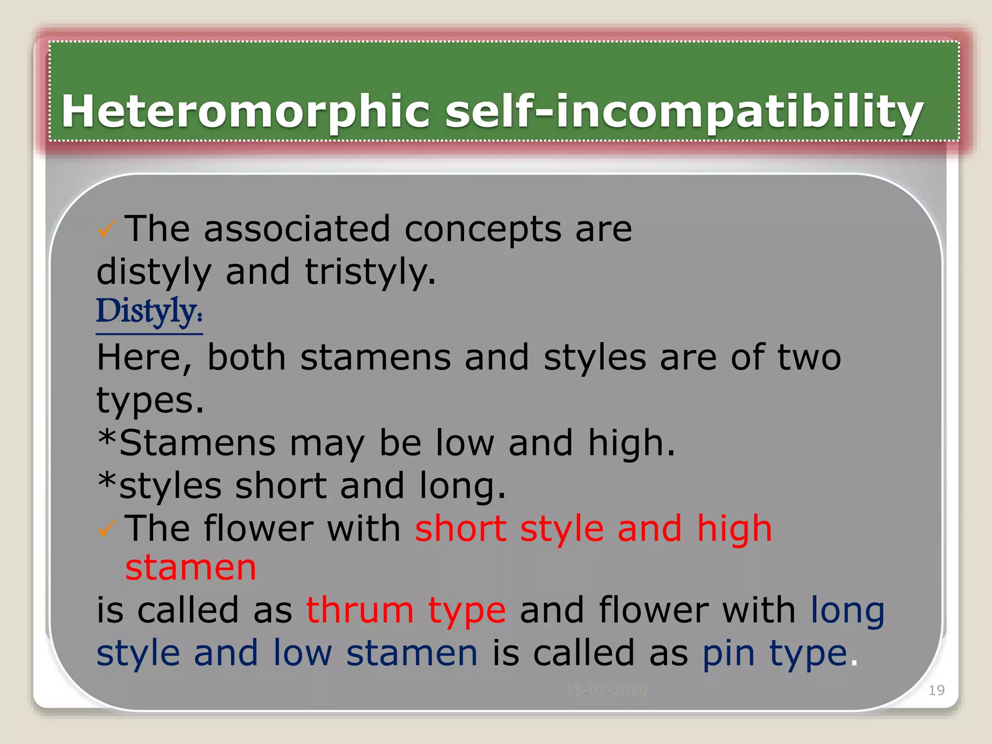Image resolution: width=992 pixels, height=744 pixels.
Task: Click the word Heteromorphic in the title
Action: tap(245, 111)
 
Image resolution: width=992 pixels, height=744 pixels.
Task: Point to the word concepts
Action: tap(483, 229)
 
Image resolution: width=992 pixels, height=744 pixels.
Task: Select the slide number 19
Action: tap(936, 690)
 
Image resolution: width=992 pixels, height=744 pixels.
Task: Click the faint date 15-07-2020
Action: tap(606, 690)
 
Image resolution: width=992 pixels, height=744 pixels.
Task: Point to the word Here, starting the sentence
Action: tap(145, 358)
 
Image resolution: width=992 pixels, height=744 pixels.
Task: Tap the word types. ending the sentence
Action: tap(150, 401)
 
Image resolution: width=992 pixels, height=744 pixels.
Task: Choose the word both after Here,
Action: tap(246, 358)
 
